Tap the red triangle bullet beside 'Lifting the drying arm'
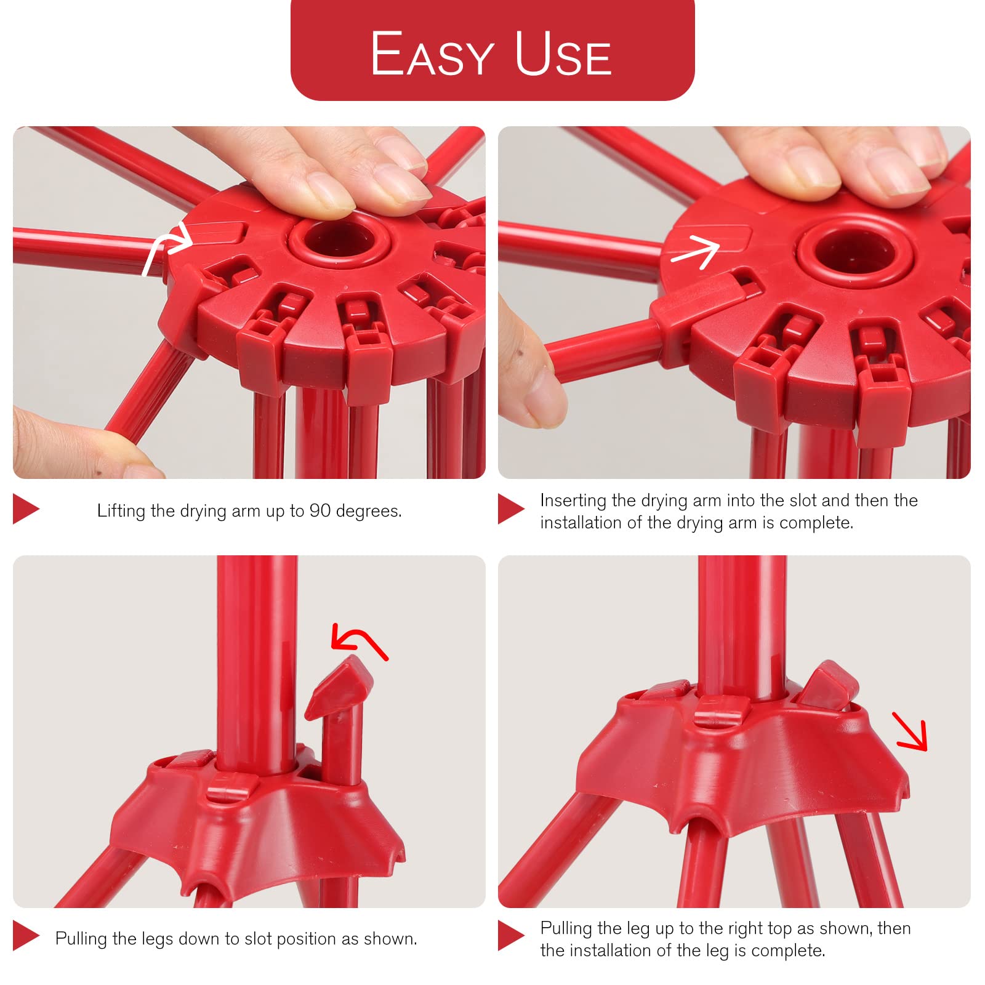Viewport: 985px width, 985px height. (26, 509)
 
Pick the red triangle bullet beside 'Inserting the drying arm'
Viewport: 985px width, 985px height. (511, 509)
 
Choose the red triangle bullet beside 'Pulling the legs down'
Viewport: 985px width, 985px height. (26, 936)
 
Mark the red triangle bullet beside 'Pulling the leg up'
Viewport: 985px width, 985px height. (511, 936)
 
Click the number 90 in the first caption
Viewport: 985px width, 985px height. (320, 510)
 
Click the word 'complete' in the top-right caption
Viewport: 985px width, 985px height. (816, 523)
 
